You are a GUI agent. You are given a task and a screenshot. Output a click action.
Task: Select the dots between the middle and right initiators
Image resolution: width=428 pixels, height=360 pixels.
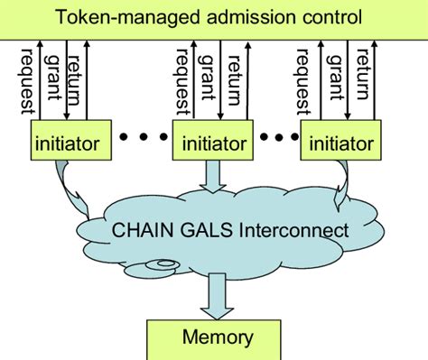click(x=278, y=138)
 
